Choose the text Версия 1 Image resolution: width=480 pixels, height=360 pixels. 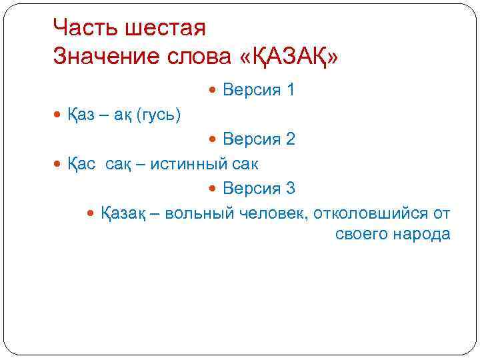(259, 89)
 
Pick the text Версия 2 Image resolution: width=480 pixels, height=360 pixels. (259, 139)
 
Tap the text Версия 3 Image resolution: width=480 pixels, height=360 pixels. (259, 188)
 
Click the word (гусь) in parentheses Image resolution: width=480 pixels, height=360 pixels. (158, 115)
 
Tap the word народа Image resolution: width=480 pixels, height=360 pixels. (421, 235)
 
